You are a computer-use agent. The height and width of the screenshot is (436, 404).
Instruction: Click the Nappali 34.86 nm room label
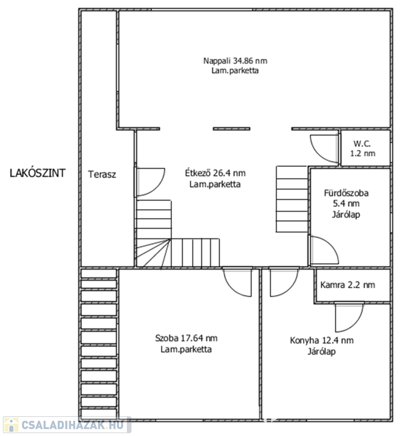(235, 61)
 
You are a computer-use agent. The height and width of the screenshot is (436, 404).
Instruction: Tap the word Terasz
(102, 174)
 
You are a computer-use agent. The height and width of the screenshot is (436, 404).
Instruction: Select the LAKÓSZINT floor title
(37, 173)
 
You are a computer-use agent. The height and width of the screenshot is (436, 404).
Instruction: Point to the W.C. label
(362, 144)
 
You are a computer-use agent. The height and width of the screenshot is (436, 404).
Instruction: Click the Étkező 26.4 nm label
(216, 173)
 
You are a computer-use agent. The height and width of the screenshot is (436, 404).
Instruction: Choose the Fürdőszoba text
(346, 193)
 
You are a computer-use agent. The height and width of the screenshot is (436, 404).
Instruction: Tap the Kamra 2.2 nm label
(348, 285)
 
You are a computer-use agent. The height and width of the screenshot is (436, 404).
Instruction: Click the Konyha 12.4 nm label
(322, 341)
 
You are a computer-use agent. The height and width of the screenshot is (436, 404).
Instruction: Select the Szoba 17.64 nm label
(186, 338)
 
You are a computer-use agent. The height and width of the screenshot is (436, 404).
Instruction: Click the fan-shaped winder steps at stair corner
(153, 253)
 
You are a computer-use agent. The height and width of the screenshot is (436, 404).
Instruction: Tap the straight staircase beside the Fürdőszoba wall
(292, 199)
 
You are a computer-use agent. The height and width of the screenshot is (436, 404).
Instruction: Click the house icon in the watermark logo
(11, 425)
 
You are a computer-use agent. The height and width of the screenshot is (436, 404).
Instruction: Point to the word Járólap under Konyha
(322, 351)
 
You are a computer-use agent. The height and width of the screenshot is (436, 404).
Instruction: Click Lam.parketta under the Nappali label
(235, 70)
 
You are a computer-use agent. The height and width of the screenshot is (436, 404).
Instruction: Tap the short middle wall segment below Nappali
(232, 129)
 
